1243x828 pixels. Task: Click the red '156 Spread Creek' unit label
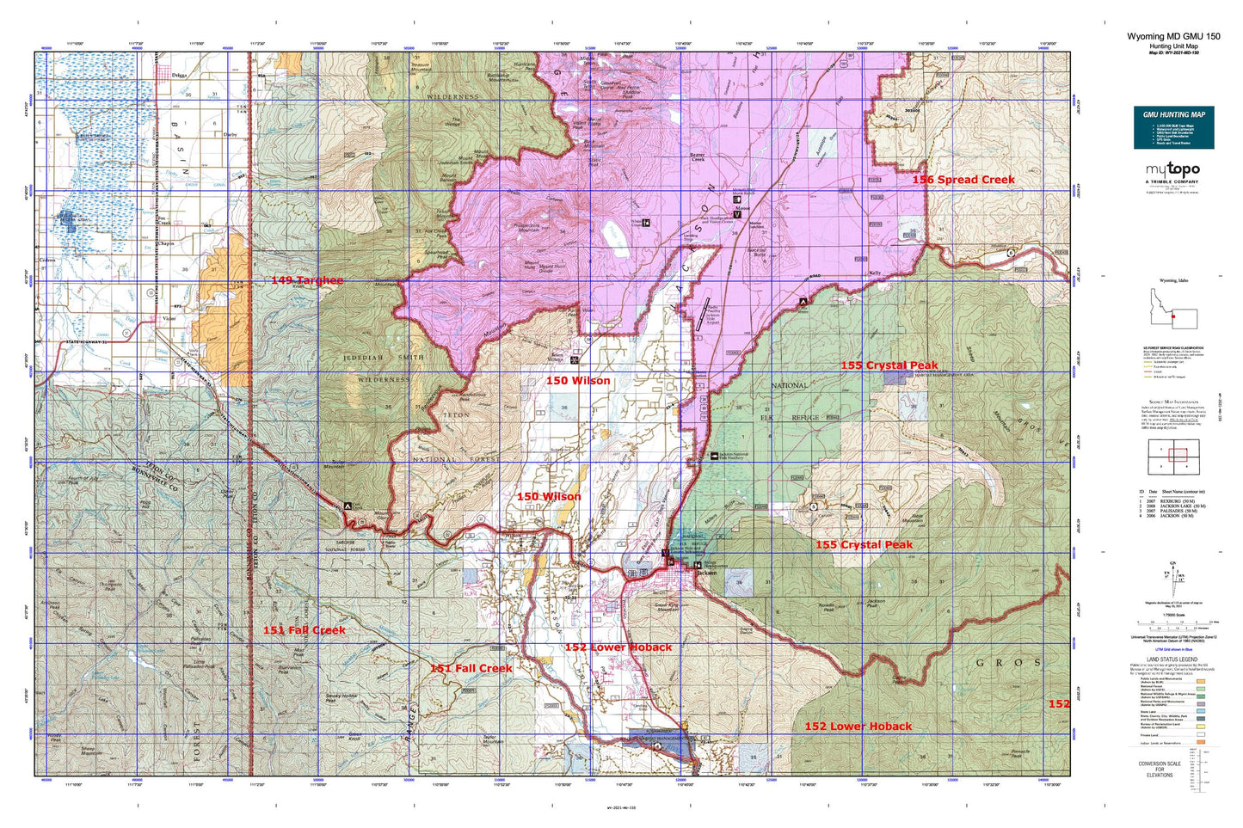(x=963, y=180)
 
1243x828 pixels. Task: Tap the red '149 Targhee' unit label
(x=307, y=280)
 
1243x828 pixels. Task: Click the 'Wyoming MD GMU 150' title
(x=1172, y=36)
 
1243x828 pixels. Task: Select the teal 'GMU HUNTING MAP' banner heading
(x=1173, y=114)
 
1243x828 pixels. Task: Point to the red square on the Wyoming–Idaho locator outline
(x=1172, y=316)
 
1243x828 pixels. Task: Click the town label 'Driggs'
(x=179, y=76)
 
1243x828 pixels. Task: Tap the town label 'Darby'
(x=230, y=135)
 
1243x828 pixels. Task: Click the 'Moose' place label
(x=742, y=208)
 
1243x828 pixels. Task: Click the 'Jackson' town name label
(x=707, y=573)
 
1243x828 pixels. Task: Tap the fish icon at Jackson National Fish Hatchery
(x=714, y=455)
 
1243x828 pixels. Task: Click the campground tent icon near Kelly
(x=803, y=302)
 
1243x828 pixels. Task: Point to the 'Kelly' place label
(x=876, y=273)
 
